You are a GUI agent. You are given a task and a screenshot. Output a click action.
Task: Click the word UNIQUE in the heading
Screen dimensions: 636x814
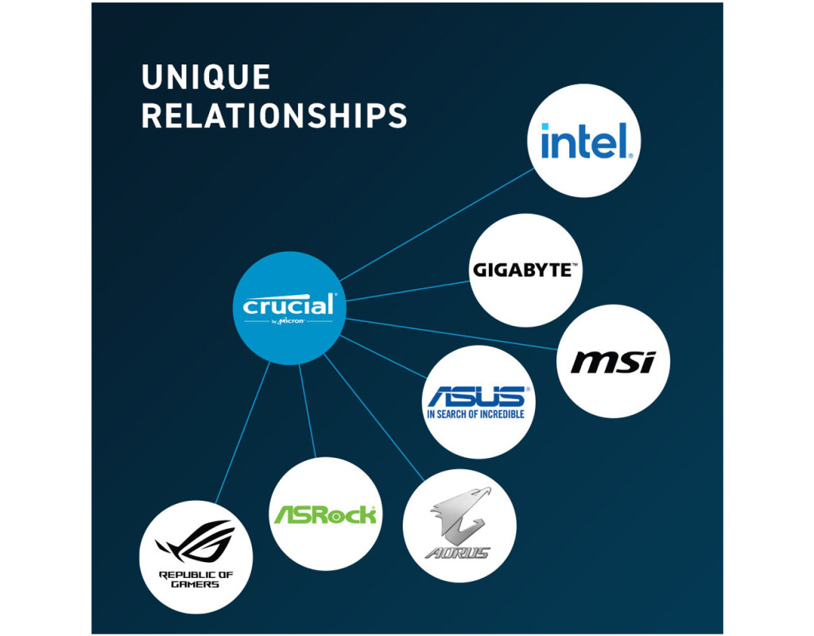[205, 78]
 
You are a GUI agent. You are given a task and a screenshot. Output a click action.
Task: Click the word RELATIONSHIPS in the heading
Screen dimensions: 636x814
[273, 115]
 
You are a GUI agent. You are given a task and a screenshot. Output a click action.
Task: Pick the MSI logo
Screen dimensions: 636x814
[613, 362]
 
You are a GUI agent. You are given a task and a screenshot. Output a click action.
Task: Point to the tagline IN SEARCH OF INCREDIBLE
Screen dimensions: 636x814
[476, 414]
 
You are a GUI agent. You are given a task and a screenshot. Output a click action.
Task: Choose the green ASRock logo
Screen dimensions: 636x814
[324, 514]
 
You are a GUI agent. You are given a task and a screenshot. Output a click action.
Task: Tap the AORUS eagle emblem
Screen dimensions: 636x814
[459, 513]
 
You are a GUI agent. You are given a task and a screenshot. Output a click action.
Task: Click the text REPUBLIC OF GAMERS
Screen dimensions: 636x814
[196, 579]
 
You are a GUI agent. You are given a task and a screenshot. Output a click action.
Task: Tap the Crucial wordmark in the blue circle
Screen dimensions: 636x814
[289, 304]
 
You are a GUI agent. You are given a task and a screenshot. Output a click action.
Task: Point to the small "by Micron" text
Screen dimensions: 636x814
[289, 321]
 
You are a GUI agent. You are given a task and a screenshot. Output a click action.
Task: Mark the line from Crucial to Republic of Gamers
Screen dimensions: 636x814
[242, 433]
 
